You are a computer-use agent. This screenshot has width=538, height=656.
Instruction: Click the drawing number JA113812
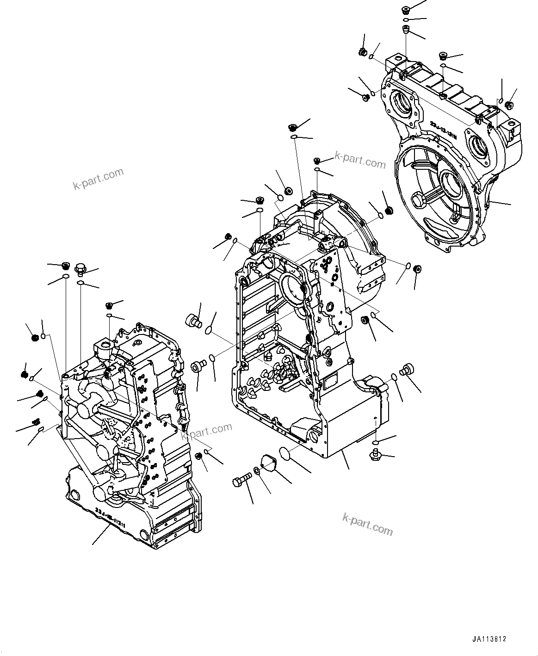pyautogui.click(x=489, y=639)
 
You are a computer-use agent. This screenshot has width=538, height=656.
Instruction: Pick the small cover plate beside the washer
pyautogui.click(x=268, y=463)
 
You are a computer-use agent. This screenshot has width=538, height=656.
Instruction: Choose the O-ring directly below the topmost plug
pyautogui.click(x=406, y=20)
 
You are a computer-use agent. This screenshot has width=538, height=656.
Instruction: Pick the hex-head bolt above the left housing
pyautogui.click(x=81, y=268)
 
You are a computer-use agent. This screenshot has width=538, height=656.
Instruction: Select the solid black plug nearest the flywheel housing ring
pyautogui.click(x=388, y=210)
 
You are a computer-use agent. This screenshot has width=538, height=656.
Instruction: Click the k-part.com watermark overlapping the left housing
pyautogui.click(x=207, y=430)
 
